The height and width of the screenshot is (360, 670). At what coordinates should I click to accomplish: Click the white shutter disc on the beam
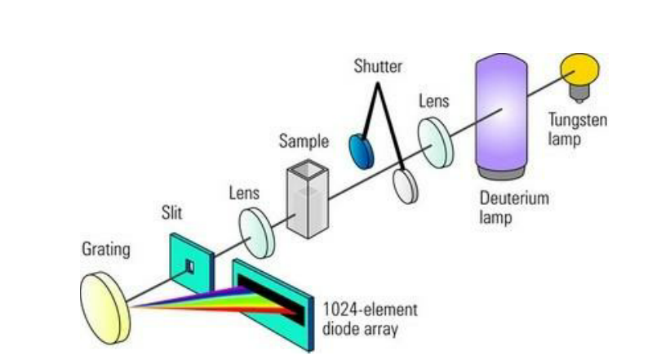coord(406,184)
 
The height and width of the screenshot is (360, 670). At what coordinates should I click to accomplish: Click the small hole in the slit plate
coord(189,267)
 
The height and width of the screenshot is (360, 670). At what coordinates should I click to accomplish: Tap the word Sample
coord(304,141)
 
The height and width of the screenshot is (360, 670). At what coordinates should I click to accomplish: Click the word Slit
coord(171,214)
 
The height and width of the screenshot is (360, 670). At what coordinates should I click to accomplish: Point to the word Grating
coord(105,249)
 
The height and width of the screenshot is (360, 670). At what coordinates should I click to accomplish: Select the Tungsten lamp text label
coord(575,131)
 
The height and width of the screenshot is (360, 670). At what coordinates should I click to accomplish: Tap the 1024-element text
coord(370,310)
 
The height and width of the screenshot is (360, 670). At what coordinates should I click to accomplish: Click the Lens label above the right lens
coord(433,101)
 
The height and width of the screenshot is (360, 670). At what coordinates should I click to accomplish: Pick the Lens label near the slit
coord(244,193)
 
